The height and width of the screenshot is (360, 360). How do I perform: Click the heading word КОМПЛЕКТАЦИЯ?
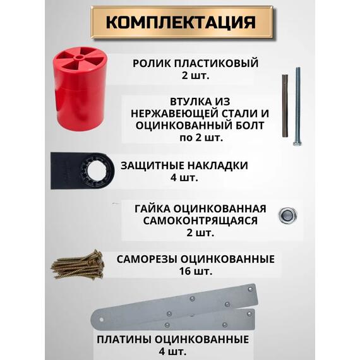tap(180, 23)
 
